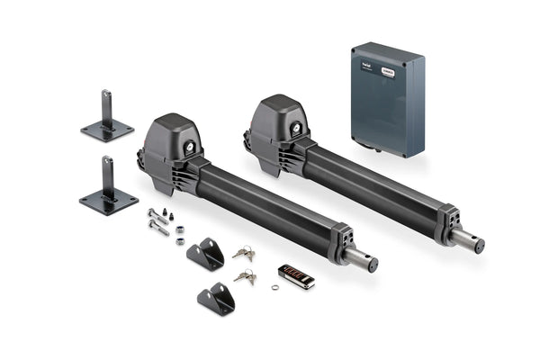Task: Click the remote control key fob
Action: [x=296, y=276]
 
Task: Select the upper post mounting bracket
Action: [x=107, y=118]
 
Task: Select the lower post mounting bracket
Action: [x=109, y=189]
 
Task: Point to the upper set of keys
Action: [x=243, y=253]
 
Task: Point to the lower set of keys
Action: [x=244, y=276]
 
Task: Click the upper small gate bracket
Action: [x=207, y=255]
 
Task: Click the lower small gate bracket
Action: [x=216, y=298]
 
